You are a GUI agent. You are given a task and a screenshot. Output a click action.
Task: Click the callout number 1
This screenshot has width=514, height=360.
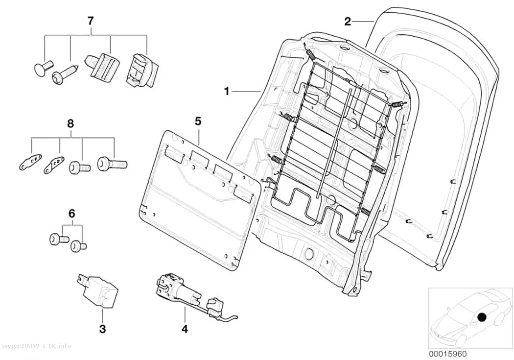[227, 91]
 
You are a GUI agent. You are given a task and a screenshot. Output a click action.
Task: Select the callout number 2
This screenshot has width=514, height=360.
[348, 22]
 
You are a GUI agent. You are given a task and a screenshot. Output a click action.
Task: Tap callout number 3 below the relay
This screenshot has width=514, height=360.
[102, 329]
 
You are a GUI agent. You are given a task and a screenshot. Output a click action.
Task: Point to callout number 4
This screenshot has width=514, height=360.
[185, 329]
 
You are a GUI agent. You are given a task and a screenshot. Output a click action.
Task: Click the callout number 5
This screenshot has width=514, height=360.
[198, 121]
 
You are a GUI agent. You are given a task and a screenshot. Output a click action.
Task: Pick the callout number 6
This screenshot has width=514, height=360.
[72, 214]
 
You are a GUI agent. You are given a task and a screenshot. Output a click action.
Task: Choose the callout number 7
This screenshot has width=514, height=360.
[91, 21]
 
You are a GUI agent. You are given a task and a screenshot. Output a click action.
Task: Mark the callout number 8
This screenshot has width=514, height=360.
[70, 124]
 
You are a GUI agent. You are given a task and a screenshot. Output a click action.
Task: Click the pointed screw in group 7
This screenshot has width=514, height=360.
[66, 73]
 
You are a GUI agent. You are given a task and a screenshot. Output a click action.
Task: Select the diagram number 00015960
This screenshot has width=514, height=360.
[447, 354]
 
